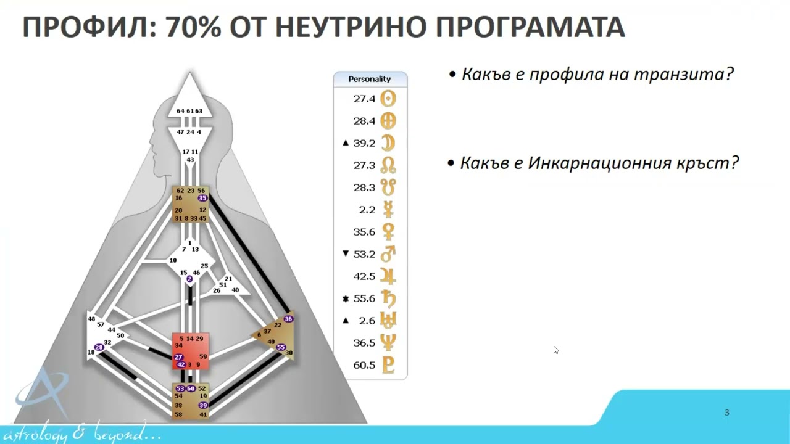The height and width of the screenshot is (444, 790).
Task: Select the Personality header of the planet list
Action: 370,79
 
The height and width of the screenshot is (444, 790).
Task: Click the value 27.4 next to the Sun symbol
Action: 364,99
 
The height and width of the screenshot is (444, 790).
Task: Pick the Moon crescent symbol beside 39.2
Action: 388,143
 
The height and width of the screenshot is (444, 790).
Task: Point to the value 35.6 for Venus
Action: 364,232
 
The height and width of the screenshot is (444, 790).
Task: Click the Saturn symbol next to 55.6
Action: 388,298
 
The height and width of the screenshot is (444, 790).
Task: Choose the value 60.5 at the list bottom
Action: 364,365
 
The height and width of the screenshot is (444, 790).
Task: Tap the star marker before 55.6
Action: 346,299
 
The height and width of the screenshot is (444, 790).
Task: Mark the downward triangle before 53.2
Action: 346,253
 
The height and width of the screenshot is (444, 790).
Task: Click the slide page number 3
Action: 726,413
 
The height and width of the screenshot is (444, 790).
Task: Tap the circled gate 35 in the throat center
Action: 202,199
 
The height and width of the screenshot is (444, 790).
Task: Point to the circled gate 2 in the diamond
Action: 189,279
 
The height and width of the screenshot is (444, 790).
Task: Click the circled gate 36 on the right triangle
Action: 288,319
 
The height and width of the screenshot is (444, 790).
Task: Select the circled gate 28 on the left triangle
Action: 99,348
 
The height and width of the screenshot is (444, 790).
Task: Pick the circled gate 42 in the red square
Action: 181,365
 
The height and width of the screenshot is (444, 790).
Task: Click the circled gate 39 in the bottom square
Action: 202,405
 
